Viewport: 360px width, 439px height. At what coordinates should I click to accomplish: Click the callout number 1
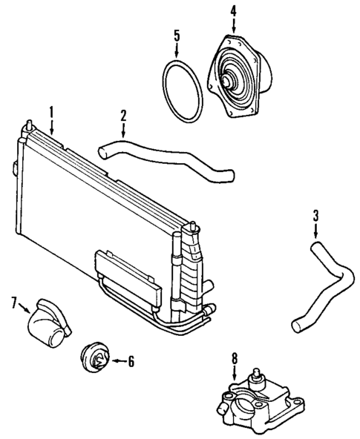[x=51, y=112]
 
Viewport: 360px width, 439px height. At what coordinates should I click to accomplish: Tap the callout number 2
[x=123, y=115]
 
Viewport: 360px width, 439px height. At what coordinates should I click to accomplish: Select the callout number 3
[x=315, y=216]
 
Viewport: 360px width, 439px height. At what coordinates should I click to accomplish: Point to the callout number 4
[x=233, y=10]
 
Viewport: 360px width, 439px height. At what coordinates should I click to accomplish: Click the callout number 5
[x=177, y=35]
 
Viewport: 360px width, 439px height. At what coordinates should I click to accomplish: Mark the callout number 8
[x=235, y=358]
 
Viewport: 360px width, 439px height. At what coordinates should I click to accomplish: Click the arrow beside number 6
[x=117, y=361]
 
